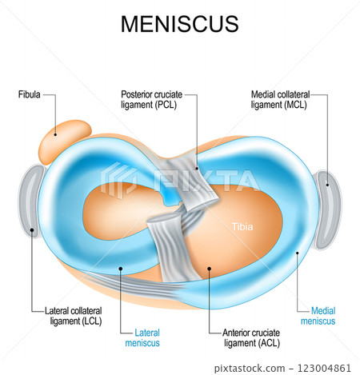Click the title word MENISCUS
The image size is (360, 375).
click(179, 24)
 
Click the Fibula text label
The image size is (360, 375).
click(29, 95)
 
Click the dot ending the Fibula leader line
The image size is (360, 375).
click(56, 134)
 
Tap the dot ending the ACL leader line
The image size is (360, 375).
click(209, 269)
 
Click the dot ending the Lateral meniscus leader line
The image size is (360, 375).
click(121, 269)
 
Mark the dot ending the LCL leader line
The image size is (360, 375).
click(32, 229)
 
